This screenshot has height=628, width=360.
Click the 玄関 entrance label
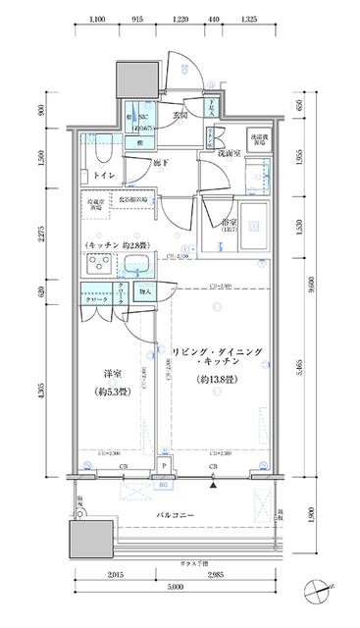coord(180,117)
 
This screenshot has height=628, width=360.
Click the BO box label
coord(165,483)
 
